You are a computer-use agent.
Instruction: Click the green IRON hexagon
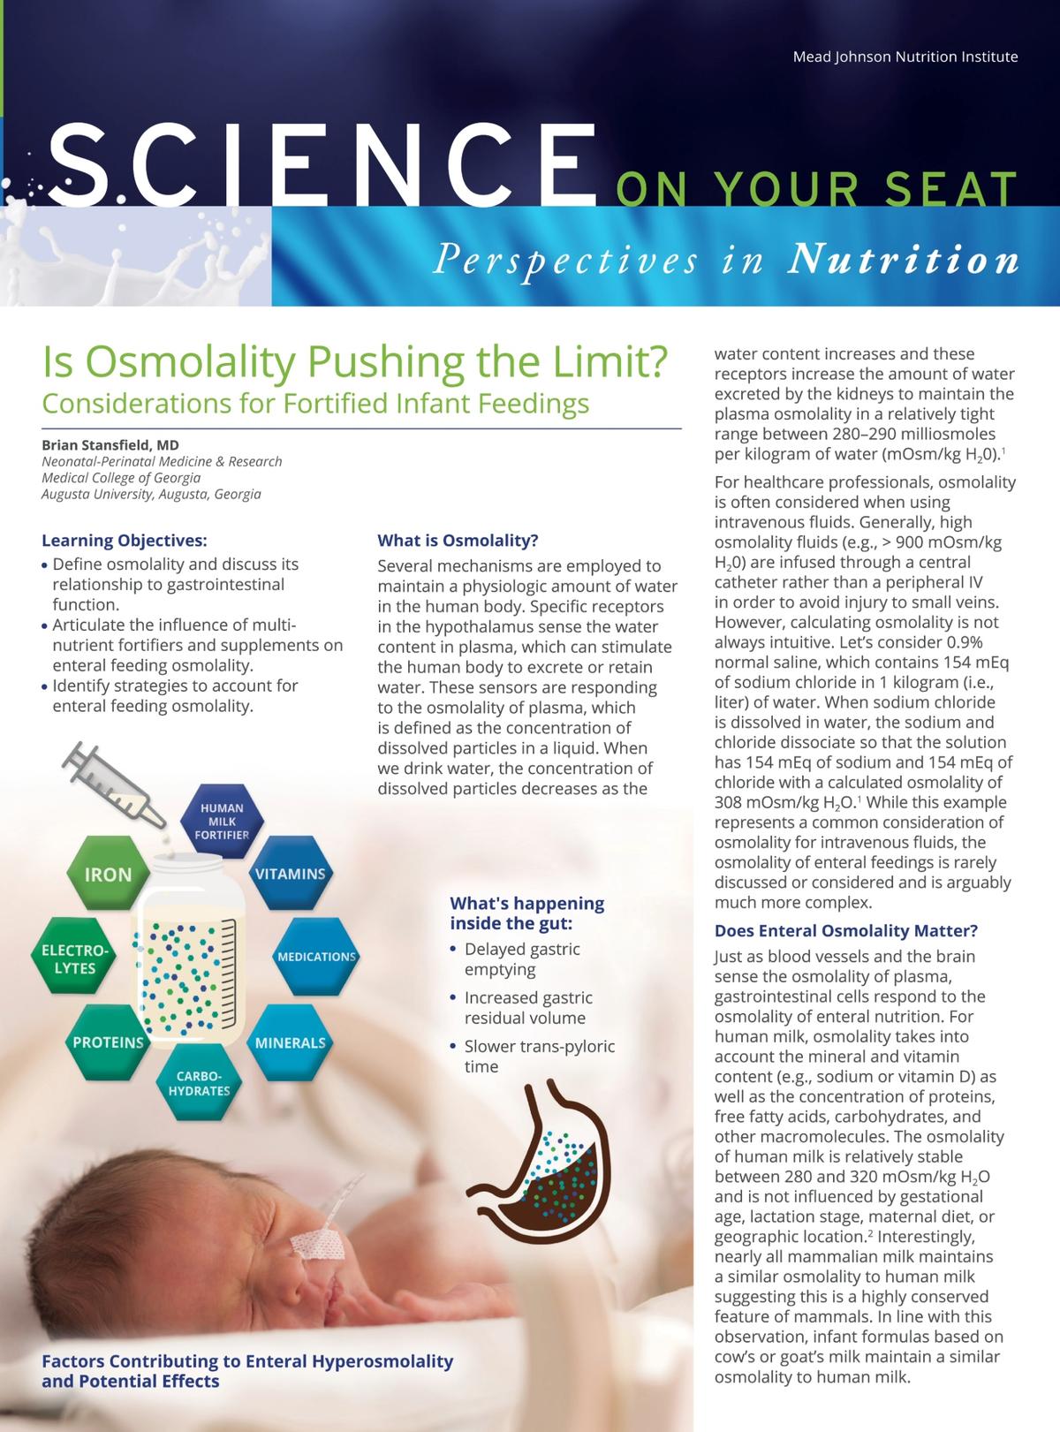pyautogui.click(x=108, y=875)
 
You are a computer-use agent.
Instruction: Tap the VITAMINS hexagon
pyautogui.click(x=290, y=874)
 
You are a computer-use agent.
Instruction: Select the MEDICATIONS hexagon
pyautogui.click(x=315, y=957)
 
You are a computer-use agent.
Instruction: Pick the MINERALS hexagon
pyautogui.click(x=290, y=1042)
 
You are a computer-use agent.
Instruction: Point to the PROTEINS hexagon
pyautogui.click(x=108, y=1042)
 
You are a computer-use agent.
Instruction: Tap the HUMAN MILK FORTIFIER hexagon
pyautogui.click(x=222, y=821)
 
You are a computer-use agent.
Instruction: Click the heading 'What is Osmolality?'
pyautogui.click(x=458, y=541)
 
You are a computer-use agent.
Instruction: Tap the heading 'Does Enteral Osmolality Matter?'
pyautogui.click(x=845, y=931)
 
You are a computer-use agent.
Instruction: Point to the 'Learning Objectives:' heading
pyautogui.click(x=124, y=541)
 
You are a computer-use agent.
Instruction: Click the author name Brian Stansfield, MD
pyautogui.click(x=110, y=445)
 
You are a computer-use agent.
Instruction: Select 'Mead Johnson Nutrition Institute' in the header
pyautogui.click(x=905, y=57)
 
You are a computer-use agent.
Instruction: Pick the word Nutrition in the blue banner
pyautogui.click(x=903, y=260)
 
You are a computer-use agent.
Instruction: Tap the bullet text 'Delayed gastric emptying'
pyautogui.click(x=522, y=959)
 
